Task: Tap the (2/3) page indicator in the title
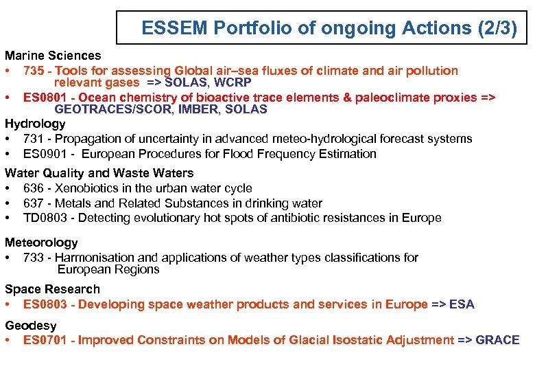click(490, 28)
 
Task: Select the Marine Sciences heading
click(53, 56)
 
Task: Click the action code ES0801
click(46, 98)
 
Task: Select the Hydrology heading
click(35, 124)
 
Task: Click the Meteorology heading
click(41, 243)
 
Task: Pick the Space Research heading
click(52, 289)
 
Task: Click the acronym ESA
click(462, 304)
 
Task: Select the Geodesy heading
click(31, 325)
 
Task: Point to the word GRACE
click(497, 340)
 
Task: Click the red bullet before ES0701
click(8, 340)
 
